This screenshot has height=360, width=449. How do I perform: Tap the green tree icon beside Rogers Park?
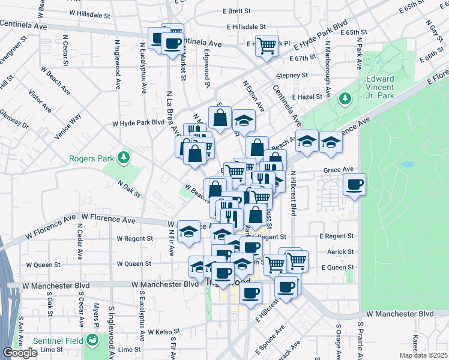click(x=124, y=157)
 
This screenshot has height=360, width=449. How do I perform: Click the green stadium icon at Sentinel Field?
click(x=92, y=340)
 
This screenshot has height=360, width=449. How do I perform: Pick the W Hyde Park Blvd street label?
click(x=138, y=122)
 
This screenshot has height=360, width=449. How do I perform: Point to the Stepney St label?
click(x=292, y=76)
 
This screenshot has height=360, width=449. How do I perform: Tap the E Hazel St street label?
click(x=308, y=97)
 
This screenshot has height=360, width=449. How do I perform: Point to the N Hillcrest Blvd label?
click(x=294, y=193)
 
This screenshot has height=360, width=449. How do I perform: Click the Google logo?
click(x=20, y=353)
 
